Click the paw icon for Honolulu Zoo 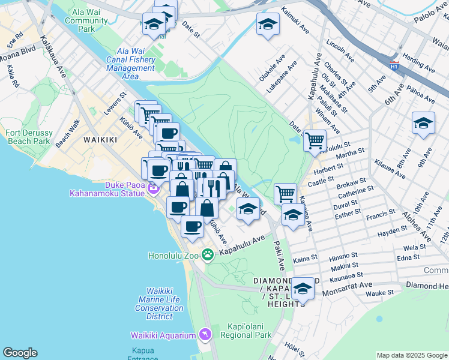point(208,255)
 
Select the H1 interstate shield point(394,64)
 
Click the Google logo point(20,353)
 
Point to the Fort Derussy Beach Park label point(28,137)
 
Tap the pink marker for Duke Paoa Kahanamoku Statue point(153,189)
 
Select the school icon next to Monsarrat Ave point(303,289)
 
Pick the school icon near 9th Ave point(423,124)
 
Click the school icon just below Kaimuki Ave point(267,24)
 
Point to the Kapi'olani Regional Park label point(243,330)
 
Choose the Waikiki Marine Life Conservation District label point(159,299)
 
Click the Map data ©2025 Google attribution point(412,355)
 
